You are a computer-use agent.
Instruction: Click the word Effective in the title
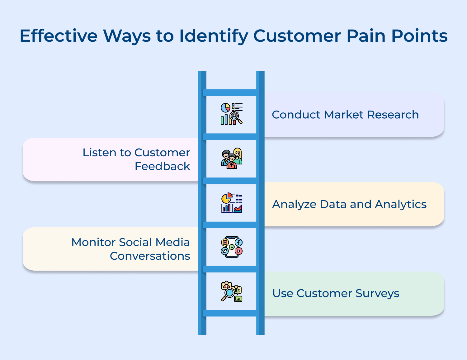point(59,36)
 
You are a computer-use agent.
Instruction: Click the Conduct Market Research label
point(345,115)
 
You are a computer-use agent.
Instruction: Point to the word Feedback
point(162,166)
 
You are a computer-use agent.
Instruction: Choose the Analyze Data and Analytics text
point(349,204)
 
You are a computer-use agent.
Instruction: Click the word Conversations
point(150,256)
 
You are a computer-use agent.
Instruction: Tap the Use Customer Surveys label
point(336,293)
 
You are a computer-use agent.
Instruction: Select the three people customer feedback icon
point(231,159)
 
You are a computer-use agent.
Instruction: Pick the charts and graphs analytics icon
point(231,203)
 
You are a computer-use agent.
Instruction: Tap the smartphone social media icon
point(231,247)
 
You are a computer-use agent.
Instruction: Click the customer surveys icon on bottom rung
point(231,291)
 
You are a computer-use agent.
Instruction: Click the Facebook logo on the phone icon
point(239,242)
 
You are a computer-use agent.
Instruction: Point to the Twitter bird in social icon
point(224,251)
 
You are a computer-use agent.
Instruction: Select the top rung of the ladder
point(231,92)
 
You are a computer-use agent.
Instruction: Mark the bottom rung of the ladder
point(231,313)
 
